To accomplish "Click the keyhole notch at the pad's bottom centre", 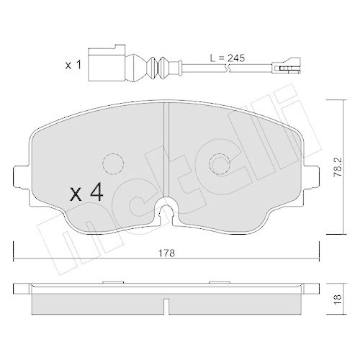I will click(x=167, y=210).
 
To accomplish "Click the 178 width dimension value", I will click(x=167, y=254).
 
